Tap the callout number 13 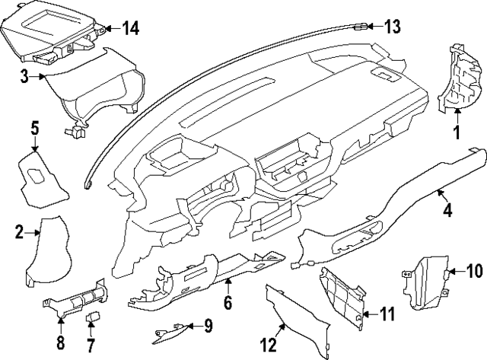(392, 27)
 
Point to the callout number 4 (447, 211)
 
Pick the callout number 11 (387, 314)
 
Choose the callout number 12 (269, 346)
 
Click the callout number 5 (34, 127)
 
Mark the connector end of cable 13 (360, 27)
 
